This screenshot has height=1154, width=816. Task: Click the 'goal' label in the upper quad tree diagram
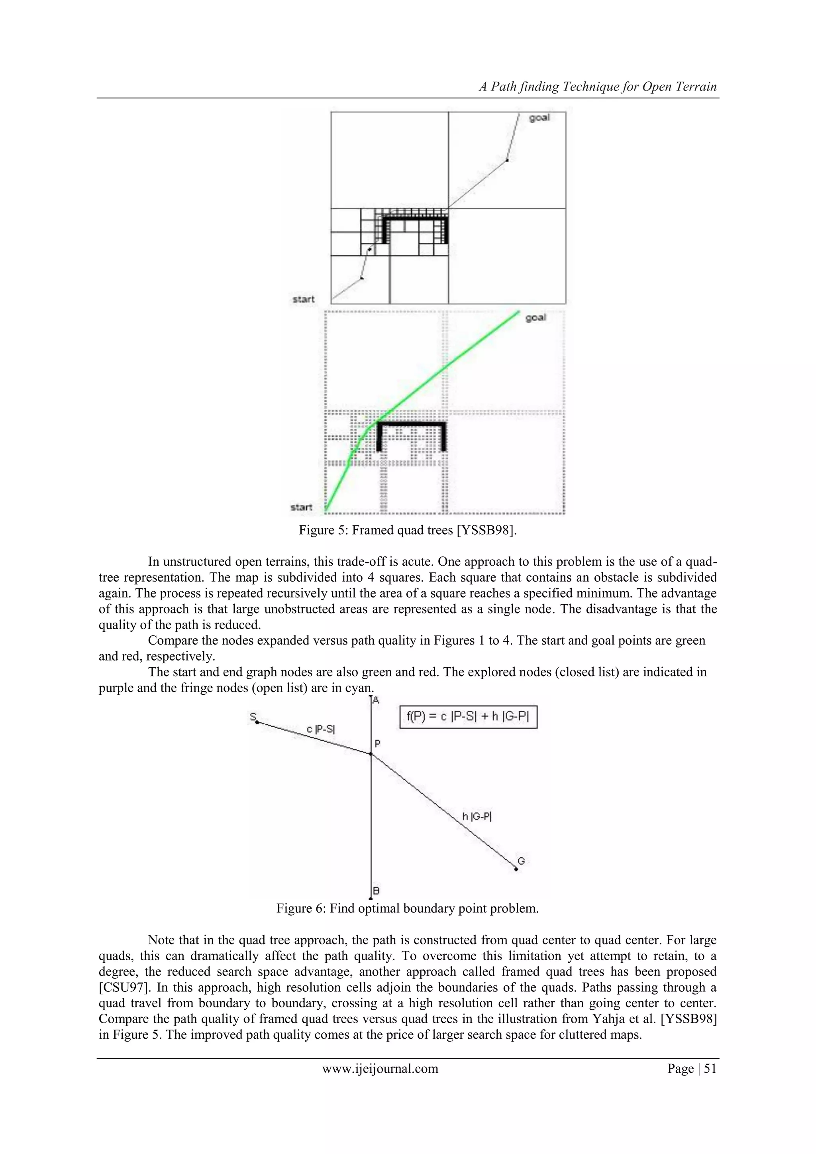point(539,118)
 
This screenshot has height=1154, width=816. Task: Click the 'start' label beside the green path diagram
point(302,507)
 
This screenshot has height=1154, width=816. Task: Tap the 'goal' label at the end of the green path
point(535,318)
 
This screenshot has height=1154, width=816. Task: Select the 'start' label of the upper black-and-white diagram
point(304,299)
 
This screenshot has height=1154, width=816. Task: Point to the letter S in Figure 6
point(253,717)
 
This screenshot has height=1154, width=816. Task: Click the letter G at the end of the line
point(521,861)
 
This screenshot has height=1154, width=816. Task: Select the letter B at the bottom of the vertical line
point(376,891)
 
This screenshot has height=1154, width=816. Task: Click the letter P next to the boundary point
point(377,744)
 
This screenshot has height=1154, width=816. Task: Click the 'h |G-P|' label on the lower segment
point(477,817)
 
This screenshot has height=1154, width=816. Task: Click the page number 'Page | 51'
point(691,1069)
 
